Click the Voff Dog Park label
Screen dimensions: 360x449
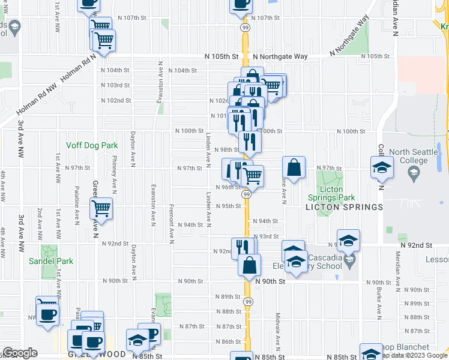pos(92,145)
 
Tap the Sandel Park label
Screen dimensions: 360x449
pos(51,261)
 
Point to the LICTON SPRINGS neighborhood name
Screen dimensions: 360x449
pos(344,207)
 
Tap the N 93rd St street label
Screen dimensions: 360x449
pos(267,236)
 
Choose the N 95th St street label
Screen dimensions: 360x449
pos(228,206)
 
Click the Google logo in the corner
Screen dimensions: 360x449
pos(20,353)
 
